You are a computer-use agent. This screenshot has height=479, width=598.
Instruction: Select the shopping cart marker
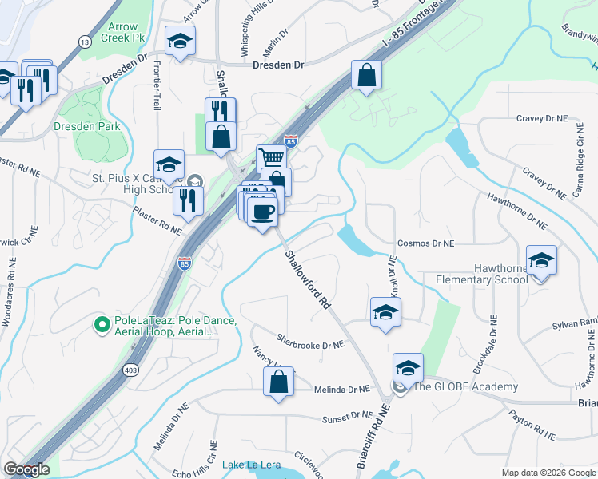pyautogui.click(x=272, y=157)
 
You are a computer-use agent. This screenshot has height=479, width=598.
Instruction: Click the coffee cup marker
pyautogui.click(x=262, y=212)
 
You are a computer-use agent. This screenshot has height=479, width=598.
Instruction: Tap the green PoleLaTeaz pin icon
pyautogui.click(x=102, y=324)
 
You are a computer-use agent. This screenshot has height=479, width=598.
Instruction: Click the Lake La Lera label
pyautogui.click(x=248, y=465)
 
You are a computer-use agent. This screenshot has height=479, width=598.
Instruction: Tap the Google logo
pyautogui.click(x=26, y=470)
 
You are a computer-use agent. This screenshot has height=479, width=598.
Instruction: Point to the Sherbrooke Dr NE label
pyautogui.click(x=310, y=345)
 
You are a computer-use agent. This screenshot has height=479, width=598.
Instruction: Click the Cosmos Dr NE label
pyautogui.click(x=425, y=243)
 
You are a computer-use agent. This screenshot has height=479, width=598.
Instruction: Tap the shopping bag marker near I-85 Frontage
pyautogui.click(x=366, y=76)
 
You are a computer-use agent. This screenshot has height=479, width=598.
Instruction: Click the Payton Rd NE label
pyautogui.click(x=532, y=426)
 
